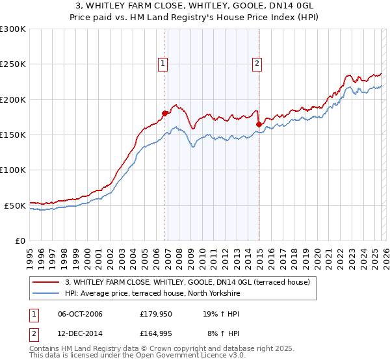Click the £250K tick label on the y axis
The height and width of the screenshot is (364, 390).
(13, 64)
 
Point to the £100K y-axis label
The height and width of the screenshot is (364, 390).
(13, 170)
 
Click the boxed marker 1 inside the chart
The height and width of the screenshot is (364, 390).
(162, 63)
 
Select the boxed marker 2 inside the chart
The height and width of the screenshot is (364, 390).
(257, 63)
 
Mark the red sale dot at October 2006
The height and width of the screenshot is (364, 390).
(164, 114)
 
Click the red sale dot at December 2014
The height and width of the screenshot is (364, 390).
(259, 124)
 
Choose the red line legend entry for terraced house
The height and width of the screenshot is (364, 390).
(188, 282)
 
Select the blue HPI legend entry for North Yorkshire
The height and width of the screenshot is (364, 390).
(153, 293)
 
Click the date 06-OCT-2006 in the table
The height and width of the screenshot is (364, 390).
(80, 314)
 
